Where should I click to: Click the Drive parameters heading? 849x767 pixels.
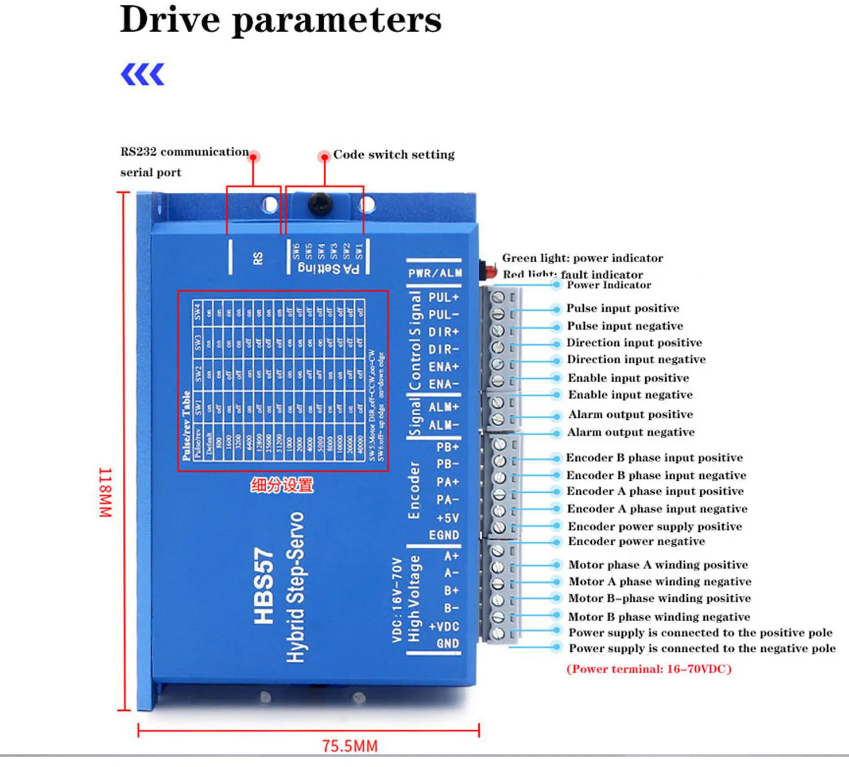281,20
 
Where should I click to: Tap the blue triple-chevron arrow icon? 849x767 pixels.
143,75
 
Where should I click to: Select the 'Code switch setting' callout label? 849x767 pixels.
394,154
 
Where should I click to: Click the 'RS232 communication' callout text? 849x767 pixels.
184,152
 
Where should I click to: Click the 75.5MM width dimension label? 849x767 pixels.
350,746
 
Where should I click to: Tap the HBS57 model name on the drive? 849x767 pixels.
263,586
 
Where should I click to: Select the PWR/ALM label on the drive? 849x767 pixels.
435,273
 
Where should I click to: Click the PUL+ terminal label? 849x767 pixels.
444,297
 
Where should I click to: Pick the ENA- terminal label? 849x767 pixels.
444,384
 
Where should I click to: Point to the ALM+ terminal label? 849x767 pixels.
444,407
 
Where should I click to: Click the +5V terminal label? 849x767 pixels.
447,518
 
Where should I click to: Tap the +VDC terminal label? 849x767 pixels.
444,626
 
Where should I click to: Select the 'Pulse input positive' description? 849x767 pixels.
623,308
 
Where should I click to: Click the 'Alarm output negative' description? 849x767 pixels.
631,432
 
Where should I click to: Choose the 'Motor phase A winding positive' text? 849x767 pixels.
658,564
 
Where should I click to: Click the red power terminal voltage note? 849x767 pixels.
649,669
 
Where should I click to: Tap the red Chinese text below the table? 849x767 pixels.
282,485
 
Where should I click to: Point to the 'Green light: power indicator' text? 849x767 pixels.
582,258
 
